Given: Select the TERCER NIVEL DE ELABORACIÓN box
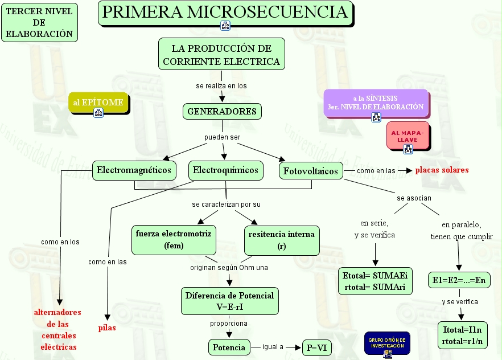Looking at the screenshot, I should (39, 23).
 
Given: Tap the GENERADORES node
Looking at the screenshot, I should (222, 112).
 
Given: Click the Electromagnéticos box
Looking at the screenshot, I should (134, 170).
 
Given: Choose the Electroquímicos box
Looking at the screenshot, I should (225, 170).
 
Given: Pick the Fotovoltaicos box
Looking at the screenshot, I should (311, 171).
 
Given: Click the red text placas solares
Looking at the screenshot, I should (442, 170).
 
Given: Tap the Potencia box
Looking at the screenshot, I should (229, 347).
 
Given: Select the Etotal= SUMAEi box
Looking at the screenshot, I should (375, 281).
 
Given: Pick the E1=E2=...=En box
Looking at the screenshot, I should (458, 280).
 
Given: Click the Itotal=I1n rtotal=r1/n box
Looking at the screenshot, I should (462, 335).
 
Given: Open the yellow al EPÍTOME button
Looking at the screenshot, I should (98, 103).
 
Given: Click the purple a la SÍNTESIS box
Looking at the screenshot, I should (375, 103).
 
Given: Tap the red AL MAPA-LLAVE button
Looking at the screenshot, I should (408, 136).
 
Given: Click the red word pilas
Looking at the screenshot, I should (107, 328).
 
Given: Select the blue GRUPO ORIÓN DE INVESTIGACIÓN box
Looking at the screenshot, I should (386, 343).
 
